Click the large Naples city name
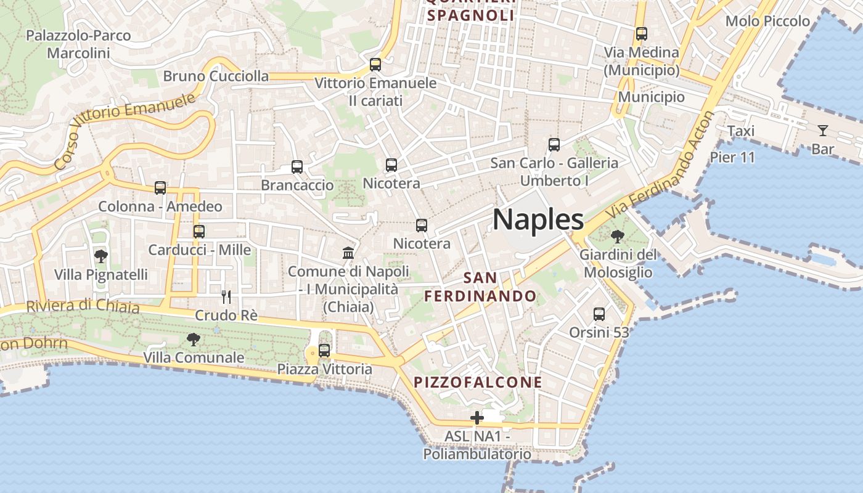tap(538, 219)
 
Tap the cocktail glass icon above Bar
tap(822, 130)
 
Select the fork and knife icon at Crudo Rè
tap(226, 296)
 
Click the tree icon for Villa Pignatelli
tap(100, 256)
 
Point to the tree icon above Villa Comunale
tap(194, 339)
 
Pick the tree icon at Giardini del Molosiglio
tap(617, 236)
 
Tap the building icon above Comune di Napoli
tap(348, 253)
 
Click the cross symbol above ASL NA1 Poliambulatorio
tap(476, 418)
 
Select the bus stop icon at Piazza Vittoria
tap(324, 351)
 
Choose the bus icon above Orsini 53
tap(599, 314)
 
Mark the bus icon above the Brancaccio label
tap(297, 166)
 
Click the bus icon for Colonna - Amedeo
tap(160, 188)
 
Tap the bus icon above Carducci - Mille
tap(198, 232)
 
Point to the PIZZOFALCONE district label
tap(478, 382)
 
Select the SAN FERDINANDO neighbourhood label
tap(480, 287)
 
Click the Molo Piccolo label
tap(767, 22)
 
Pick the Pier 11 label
tap(732, 157)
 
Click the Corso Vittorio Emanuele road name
tap(123, 131)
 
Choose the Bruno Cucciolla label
tap(216, 76)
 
